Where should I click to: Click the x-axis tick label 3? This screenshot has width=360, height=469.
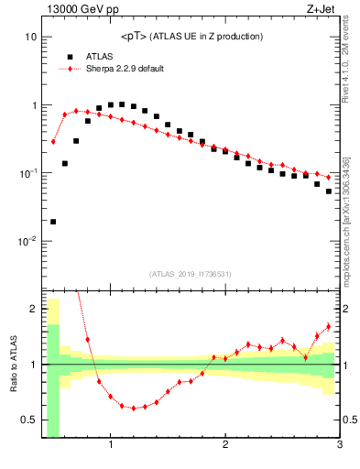(339, 447)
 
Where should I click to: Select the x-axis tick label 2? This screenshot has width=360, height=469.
(225, 447)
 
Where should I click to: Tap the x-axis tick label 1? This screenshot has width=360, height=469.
(111, 447)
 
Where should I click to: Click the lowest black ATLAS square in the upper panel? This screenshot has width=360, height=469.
(53, 221)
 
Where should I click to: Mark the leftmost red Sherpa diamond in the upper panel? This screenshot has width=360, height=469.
(53, 141)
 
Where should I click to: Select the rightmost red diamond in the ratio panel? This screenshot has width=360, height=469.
(329, 327)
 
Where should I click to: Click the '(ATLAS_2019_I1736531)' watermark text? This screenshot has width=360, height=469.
(190, 274)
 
